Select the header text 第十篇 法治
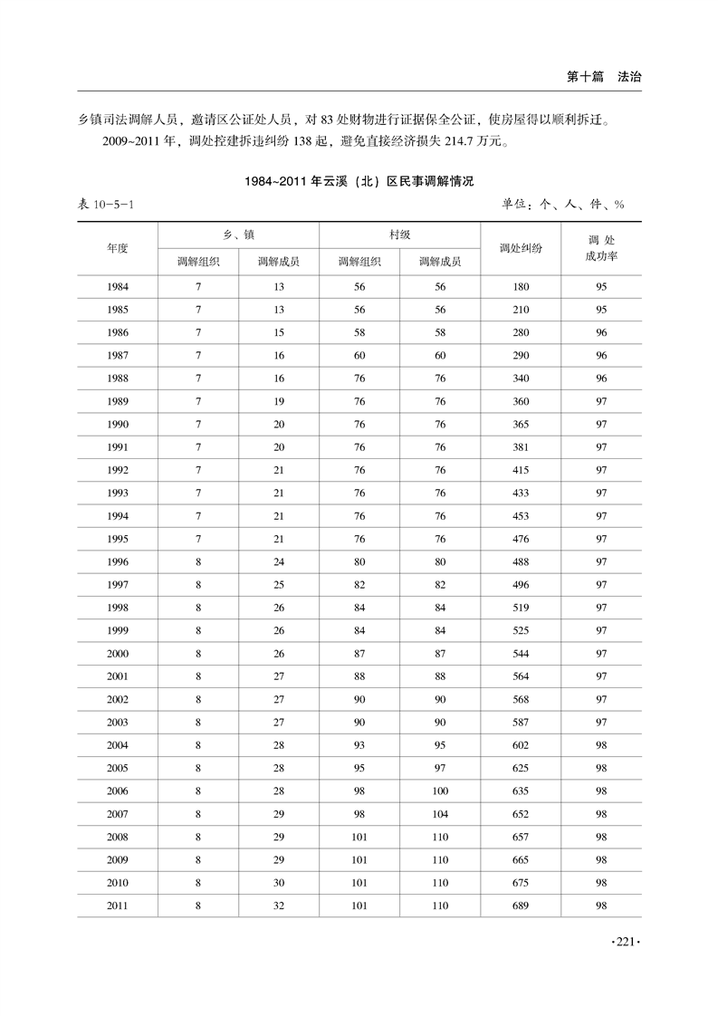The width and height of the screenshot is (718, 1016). click(604, 78)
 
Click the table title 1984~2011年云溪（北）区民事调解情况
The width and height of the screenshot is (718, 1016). click(359, 181)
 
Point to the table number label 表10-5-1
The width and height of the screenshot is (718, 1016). click(107, 205)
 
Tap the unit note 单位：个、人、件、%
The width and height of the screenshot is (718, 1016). click(564, 205)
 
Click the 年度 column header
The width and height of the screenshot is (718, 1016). click(118, 247)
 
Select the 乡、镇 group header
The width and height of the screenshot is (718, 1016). click(238, 234)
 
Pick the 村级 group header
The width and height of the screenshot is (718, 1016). click(399, 234)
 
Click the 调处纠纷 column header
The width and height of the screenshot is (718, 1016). click(521, 247)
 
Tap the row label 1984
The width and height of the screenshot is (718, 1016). click(118, 287)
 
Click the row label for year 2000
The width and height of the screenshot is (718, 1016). click(118, 654)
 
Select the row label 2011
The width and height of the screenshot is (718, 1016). click(118, 906)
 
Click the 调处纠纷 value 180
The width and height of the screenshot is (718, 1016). click(521, 287)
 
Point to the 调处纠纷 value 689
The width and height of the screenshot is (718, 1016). click(521, 906)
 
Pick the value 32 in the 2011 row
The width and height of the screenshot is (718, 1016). click(279, 906)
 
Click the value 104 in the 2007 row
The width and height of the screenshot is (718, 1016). click(440, 814)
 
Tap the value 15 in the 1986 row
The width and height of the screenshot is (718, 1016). click(279, 333)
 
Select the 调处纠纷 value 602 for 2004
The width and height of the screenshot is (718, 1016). click(521, 745)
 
